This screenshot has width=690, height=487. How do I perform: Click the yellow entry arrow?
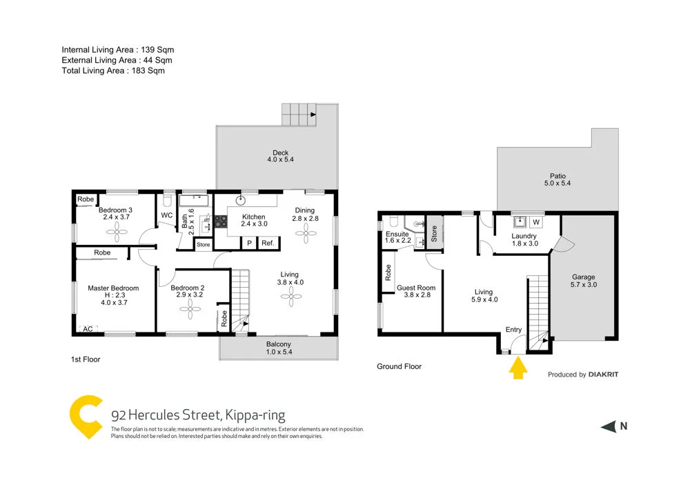tap(517, 370)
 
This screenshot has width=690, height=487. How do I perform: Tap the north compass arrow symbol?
tap(608, 426)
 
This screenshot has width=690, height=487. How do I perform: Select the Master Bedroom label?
tap(113, 288)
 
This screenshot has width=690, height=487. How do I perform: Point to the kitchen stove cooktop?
tap(221, 221)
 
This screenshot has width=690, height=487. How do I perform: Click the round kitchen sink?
tap(241, 201)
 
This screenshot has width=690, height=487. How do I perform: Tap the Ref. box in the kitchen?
tap(267, 243)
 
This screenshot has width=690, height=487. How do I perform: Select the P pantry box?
tap(248, 243)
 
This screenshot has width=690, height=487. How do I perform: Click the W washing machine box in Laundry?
tap(535, 222)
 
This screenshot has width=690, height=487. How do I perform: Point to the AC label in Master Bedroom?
tap(88, 329)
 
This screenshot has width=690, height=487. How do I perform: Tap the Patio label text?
tap(558, 176)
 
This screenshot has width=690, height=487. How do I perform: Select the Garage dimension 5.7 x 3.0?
tap(583, 284)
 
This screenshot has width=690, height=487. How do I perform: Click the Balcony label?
tap(279, 344)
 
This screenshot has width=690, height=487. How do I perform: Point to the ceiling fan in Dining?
tap(305, 234)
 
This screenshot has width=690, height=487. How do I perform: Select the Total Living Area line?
tap(113, 70)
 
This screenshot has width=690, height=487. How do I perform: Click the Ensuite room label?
tap(397, 235)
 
